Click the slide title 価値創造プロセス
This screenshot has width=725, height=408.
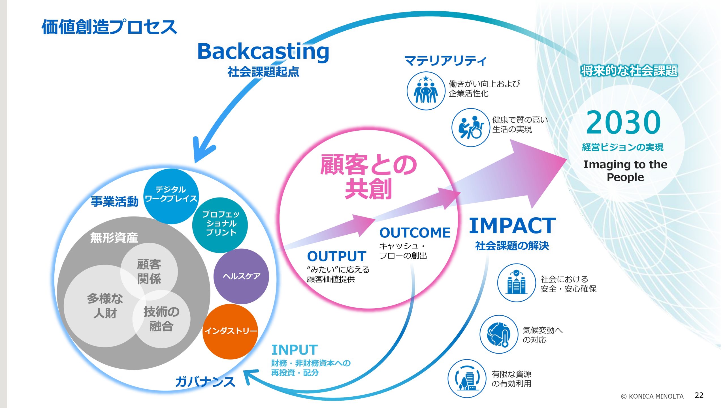tap(109, 27)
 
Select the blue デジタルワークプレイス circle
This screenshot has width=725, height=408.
tap(171, 196)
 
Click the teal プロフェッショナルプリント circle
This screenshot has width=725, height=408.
tap(220, 225)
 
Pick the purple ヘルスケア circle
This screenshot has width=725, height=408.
tap(241, 276)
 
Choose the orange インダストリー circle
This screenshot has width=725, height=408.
tap(230, 331)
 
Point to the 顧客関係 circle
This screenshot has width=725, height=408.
tap(149, 271)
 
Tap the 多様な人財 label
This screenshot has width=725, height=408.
tap(105, 306)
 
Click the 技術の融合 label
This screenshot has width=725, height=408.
tap(161, 319)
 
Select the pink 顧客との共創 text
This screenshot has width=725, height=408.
tap(368, 177)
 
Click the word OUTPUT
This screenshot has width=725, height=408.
tap(336, 256)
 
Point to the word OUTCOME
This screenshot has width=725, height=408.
tap(415, 233)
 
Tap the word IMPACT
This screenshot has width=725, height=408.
tap(512, 226)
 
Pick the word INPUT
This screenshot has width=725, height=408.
tap(295, 350)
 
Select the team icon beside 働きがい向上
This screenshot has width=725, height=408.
tap(426, 91)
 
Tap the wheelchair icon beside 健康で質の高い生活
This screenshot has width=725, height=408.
tap(471, 127)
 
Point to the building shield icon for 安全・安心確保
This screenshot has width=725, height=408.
tap(517, 283)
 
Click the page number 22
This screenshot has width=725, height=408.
tap(699, 395)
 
